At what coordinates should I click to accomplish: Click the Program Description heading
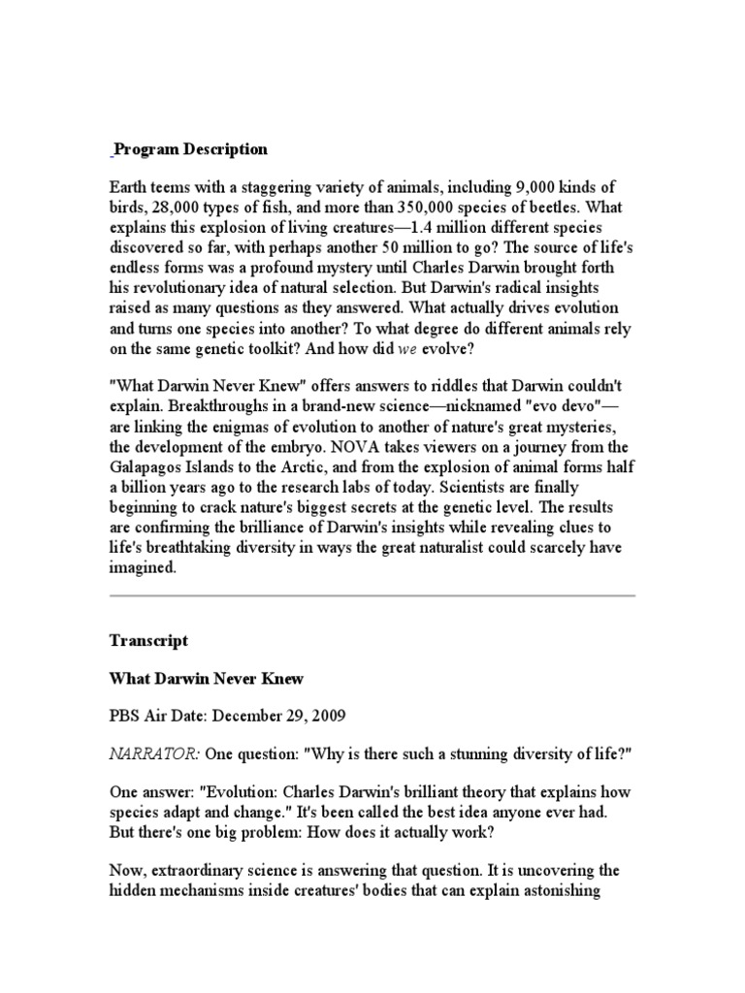[x=190, y=149]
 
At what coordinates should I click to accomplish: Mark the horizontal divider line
[x=372, y=595]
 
